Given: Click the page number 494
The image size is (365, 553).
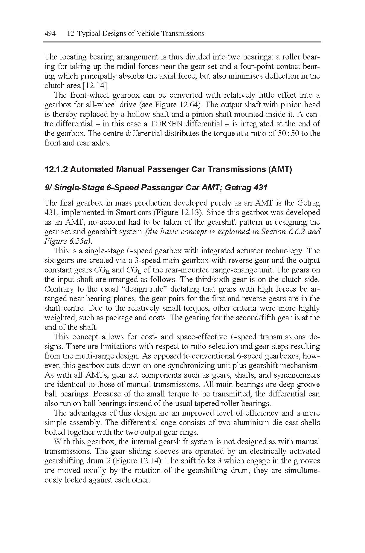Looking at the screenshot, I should click(x=50, y=33).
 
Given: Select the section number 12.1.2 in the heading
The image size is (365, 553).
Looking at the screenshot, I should click(x=56, y=170).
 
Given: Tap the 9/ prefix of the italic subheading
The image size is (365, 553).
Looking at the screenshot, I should click(x=49, y=188).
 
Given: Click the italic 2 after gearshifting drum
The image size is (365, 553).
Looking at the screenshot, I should click(x=109, y=461).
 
